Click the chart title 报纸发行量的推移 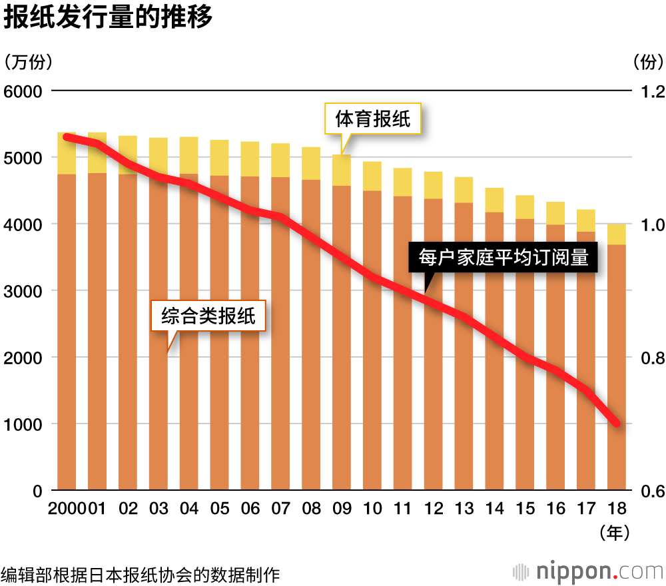click(108, 18)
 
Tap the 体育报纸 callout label click(372, 120)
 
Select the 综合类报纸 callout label click(208, 316)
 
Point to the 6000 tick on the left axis click(23, 91)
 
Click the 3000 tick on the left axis click(23, 291)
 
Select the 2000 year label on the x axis click(67, 509)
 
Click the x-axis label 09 click(342, 509)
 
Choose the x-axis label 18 click(617, 509)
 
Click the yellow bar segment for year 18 click(617, 234)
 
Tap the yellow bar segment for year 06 click(250, 159)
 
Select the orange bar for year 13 click(464, 346)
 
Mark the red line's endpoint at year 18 click(617, 424)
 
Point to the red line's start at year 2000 click(67, 137)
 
